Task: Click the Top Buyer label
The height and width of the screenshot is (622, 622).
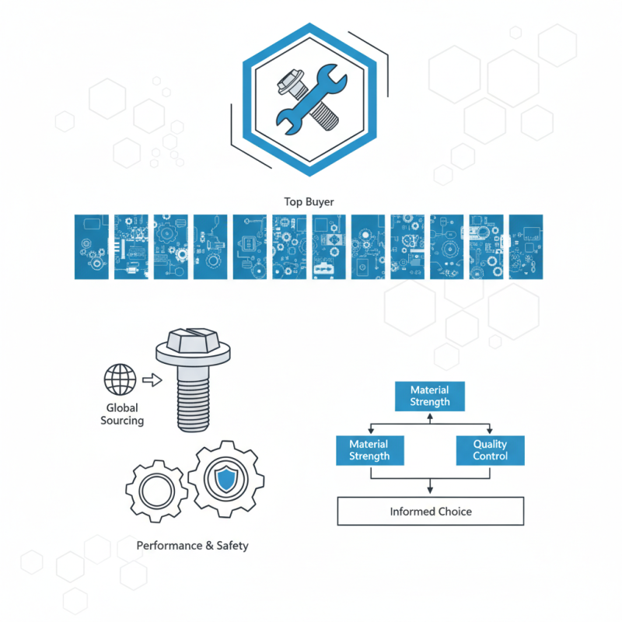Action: click(x=309, y=202)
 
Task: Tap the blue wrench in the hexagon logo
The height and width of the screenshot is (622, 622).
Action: click(x=312, y=100)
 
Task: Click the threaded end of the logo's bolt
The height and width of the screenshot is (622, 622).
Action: click(x=324, y=116)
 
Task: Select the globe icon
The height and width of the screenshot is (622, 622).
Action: click(x=121, y=379)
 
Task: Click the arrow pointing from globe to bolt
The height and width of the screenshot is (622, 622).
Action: click(x=152, y=380)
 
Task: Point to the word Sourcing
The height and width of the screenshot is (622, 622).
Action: click(x=122, y=421)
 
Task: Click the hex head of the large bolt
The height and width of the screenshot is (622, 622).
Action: click(x=193, y=341)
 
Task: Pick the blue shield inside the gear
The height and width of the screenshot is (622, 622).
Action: click(x=225, y=478)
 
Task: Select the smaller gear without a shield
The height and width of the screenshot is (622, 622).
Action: click(x=157, y=491)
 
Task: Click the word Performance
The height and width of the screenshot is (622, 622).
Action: click(x=169, y=546)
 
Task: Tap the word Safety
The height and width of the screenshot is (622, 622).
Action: click(x=232, y=547)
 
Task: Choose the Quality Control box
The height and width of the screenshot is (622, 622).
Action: click(x=491, y=450)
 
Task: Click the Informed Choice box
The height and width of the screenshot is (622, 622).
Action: click(x=431, y=511)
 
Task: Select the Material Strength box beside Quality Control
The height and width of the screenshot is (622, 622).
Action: click(x=370, y=450)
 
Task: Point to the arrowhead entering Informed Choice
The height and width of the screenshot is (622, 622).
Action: click(x=430, y=491)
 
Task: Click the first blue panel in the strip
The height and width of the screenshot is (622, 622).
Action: click(x=92, y=246)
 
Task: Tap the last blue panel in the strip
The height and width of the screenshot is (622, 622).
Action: click(x=526, y=246)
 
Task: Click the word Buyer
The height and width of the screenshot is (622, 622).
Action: click(x=320, y=202)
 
